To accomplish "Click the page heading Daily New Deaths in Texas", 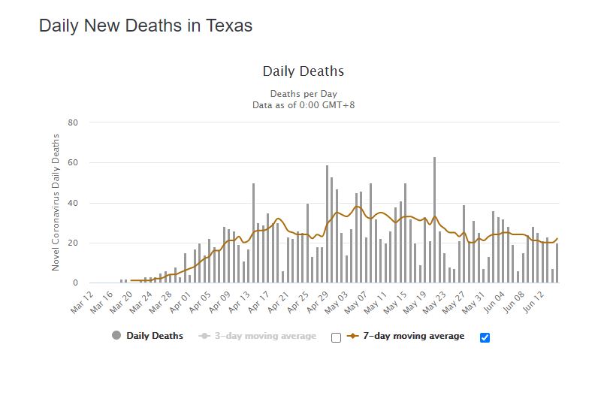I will (x=145, y=26).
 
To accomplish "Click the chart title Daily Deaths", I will (x=303, y=71).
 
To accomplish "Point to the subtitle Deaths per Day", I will (x=303, y=94).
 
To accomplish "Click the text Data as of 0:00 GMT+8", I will (x=303, y=105).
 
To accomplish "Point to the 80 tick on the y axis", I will (x=73, y=122).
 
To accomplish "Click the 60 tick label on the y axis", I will (x=73, y=163).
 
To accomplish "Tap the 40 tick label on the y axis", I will (x=73, y=203).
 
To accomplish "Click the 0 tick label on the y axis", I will (x=75, y=283).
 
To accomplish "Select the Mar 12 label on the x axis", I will (x=83, y=300).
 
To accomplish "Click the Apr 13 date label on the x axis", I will (x=244, y=300).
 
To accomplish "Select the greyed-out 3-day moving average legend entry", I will (x=264, y=336).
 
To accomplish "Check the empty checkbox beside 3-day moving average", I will (x=336, y=337).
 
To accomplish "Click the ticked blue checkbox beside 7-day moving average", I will (x=485, y=337).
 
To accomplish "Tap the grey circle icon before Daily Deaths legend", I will (x=116, y=336).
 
